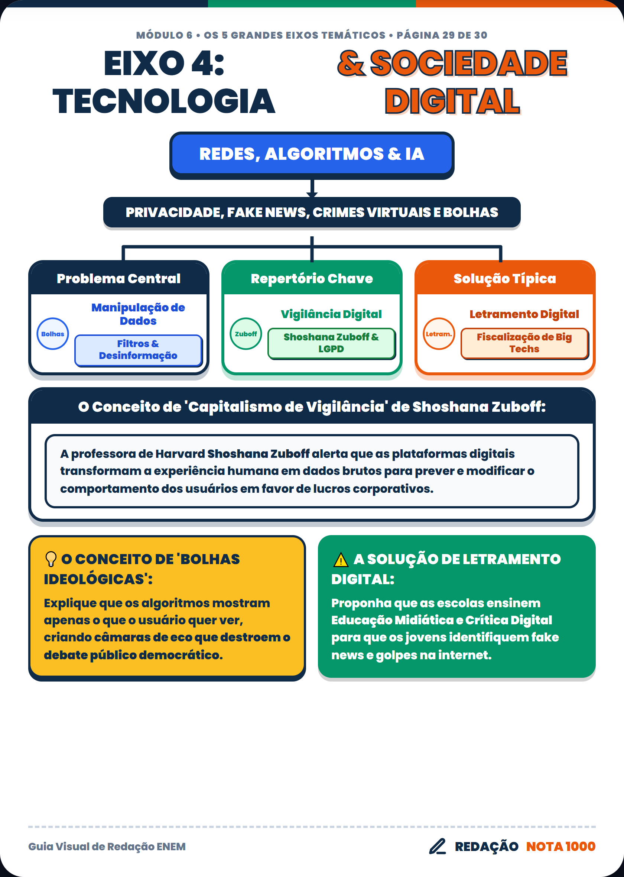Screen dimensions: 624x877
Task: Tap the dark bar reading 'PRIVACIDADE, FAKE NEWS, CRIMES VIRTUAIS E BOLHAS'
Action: pos(312,213)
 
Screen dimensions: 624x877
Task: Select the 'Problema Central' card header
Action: pos(119,278)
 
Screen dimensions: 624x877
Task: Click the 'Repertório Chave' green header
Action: pos(312,278)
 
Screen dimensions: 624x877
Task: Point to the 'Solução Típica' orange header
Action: pos(505,278)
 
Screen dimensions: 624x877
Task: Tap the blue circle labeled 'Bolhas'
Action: pos(53,334)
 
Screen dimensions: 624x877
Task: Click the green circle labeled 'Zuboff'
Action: pos(246,334)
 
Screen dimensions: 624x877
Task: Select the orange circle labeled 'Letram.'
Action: pos(439,334)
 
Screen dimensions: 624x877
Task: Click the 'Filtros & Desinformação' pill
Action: pos(138,350)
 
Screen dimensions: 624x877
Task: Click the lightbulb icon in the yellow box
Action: pos(51,559)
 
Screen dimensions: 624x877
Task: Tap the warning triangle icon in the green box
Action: pos(341,560)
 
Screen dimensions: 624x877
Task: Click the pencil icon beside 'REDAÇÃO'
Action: pos(438,846)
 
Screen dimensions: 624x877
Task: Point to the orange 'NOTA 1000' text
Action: pos(560,846)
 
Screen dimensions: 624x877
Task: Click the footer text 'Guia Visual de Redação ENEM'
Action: pos(107,846)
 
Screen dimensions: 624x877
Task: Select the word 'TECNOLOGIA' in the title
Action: pos(164,101)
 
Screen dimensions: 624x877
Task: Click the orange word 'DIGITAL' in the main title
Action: pos(452,101)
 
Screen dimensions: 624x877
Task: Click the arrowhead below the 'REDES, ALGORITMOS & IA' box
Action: pos(312,194)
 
